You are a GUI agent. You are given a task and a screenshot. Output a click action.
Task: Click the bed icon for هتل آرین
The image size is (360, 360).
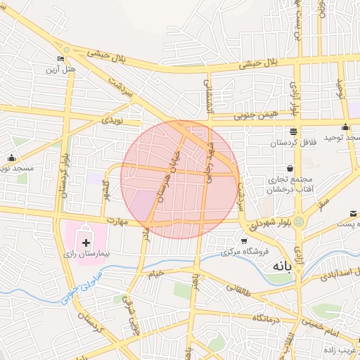[x=60, y=58]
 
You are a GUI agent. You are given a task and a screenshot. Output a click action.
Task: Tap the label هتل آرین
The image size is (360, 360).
[x=60, y=70]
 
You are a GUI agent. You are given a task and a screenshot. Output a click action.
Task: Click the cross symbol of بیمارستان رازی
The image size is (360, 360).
[x=86, y=242]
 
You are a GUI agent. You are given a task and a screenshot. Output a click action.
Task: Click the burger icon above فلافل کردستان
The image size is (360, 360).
[x=293, y=131]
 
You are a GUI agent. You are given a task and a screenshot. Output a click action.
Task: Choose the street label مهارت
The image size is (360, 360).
[x=117, y=222]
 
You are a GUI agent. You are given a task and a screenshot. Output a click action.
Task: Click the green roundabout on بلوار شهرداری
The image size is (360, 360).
[x=300, y=222]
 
